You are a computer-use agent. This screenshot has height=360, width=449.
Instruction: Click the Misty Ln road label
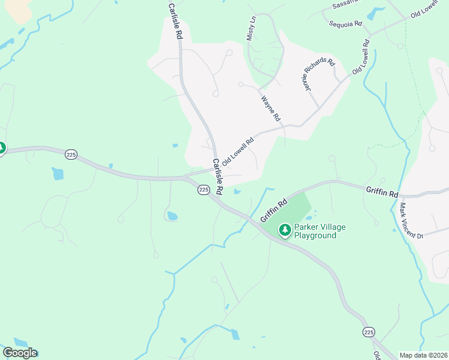[x=252, y=29]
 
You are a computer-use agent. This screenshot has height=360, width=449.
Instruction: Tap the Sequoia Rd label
[x=346, y=24]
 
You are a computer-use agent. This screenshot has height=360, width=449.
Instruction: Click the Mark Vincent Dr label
[x=411, y=221]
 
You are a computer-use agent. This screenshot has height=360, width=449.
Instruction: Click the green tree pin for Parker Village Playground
[x=285, y=229]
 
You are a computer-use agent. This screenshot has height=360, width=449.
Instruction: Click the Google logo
[x=20, y=353]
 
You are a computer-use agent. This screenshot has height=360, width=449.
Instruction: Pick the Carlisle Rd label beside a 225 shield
[x=217, y=176]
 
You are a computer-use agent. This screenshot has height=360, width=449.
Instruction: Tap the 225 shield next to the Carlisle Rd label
[x=203, y=190]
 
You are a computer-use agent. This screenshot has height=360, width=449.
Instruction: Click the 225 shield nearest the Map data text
[x=369, y=332]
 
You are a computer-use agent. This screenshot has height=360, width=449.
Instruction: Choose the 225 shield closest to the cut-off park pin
[x=71, y=154]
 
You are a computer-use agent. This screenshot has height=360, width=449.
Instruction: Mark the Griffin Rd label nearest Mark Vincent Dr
[x=382, y=192]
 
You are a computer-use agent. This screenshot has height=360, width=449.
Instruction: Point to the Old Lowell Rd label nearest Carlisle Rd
[x=238, y=152]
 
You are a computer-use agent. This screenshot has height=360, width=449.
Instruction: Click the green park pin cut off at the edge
[x=2, y=148]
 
